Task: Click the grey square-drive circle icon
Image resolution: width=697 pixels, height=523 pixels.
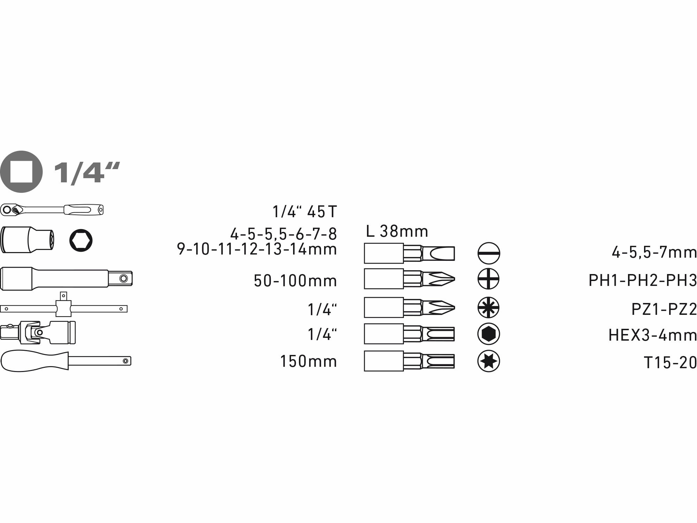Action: coord(21,172)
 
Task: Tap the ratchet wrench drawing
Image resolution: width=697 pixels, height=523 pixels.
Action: coord(52,210)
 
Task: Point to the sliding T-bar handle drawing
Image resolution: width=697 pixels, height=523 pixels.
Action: coord(63,308)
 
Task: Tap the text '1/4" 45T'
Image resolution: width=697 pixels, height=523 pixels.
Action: coord(305,212)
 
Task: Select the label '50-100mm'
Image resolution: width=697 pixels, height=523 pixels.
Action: coord(295,281)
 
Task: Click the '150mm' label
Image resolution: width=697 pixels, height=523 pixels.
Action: coord(308,361)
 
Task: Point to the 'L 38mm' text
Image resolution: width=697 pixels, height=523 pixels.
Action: coord(397,231)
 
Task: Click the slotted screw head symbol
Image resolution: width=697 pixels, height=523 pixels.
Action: coord(489,253)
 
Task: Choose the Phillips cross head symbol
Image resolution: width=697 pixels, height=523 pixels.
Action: coord(488,279)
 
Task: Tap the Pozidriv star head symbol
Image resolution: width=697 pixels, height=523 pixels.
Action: coord(488,307)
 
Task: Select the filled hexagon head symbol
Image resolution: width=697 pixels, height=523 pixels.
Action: coord(488,334)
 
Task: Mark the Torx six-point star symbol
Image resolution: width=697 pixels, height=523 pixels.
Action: coord(488,361)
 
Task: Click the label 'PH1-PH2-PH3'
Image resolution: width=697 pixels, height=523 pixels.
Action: coord(642,280)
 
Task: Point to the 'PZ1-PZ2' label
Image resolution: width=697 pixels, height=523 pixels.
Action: coord(664,309)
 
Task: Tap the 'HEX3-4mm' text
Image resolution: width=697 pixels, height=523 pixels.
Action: coord(652,335)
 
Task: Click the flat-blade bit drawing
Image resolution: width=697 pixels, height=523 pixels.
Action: coord(409,253)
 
